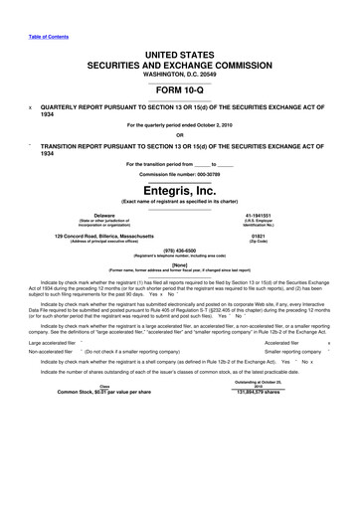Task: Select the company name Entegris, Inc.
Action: [x=180, y=189]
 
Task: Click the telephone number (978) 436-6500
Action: [x=180, y=253]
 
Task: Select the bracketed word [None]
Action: [x=180, y=265]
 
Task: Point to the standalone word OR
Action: [x=180, y=134]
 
